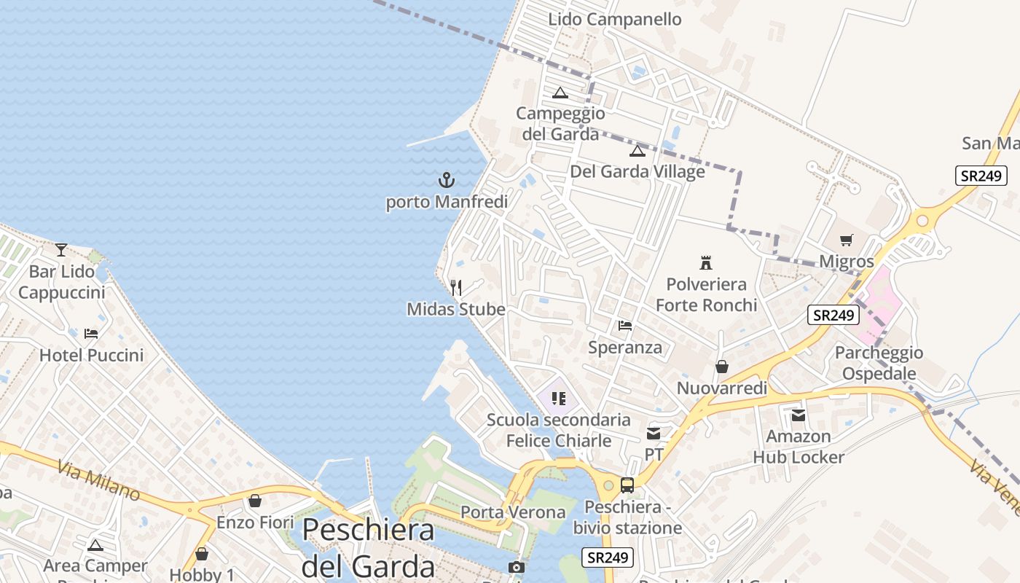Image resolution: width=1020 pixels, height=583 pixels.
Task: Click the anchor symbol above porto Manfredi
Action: click(x=446, y=179)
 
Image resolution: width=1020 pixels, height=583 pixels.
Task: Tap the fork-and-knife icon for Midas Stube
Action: click(x=456, y=288)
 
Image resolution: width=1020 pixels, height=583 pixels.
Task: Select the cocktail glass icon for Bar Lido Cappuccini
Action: click(x=61, y=250)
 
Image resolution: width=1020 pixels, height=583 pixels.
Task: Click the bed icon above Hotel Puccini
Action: click(x=91, y=334)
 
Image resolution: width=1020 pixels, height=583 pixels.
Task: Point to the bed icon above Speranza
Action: click(x=625, y=326)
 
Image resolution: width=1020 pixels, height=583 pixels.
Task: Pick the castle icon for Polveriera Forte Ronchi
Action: click(x=705, y=262)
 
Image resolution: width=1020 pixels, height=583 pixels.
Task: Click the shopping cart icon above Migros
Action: click(x=846, y=240)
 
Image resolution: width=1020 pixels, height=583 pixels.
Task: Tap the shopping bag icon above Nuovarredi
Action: click(x=722, y=367)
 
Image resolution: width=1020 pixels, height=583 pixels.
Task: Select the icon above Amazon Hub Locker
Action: click(x=799, y=415)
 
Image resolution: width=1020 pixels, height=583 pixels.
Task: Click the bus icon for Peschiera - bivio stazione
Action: click(x=627, y=485)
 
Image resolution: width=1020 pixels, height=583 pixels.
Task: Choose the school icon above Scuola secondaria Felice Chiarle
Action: click(x=559, y=399)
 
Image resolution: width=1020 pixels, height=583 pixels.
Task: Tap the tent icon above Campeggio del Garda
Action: click(x=560, y=93)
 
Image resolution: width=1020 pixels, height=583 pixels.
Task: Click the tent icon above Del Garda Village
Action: click(x=637, y=151)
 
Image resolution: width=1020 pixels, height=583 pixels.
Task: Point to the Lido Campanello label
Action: click(x=614, y=20)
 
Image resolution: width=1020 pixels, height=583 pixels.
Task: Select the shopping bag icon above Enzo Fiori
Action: click(x=255, y=501)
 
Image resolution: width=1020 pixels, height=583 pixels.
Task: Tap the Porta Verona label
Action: click(x=513, y=512)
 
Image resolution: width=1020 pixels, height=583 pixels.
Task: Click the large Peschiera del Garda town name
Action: click(x=369, y=547)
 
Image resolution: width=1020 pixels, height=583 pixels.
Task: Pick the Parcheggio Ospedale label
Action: click(x=879, y=363)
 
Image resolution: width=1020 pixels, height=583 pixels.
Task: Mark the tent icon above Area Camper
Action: click(x=95, y=545)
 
